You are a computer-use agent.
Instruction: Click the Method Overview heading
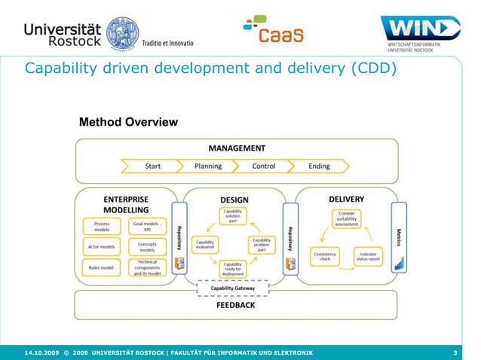coord(128,121)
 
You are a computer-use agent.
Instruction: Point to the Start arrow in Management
coord(152,166)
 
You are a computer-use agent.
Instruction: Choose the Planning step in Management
coord(208,166)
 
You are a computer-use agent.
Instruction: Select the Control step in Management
coord(263,166)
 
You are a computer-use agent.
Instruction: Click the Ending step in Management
coord(319,166)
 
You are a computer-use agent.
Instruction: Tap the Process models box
coord(102,227)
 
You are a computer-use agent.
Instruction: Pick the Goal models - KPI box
coord(147,227)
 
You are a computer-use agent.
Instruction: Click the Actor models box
coord(102,247)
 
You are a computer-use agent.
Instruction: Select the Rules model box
coord(102,267)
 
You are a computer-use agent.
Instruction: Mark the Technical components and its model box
coord(147,268)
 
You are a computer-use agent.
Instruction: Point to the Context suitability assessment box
coord(346,219)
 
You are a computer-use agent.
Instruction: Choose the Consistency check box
coord(324,257)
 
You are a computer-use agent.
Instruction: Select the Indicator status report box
coord(368,257)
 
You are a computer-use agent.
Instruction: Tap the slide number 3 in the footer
coord(455,352)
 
